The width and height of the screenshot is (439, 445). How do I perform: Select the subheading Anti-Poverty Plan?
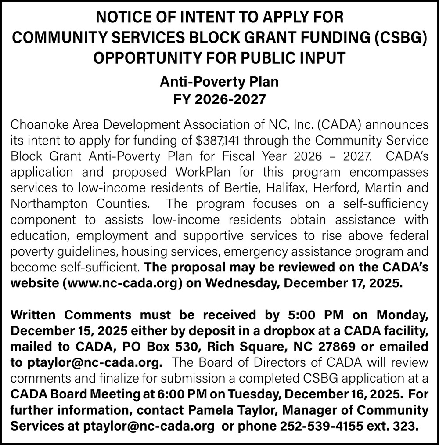219,81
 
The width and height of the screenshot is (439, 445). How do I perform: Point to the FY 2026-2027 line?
219,99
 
